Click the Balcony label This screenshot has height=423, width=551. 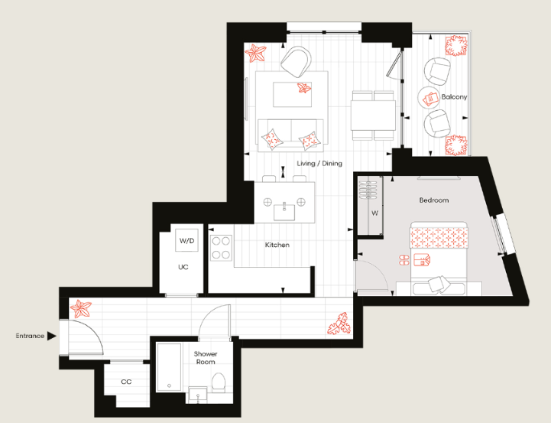[x=454, y=97]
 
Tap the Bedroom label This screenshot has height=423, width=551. [x=433, y=200]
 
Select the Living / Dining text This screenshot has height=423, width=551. [x=319, y=164]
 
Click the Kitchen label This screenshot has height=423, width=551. [x=277, y=245]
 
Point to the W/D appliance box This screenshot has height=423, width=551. [x=186, y=241]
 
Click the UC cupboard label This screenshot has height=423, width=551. [x=183, y=268]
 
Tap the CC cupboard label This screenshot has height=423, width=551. [x=127, y=381]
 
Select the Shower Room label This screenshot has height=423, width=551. [x=206, y=358]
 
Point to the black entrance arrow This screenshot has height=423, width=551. [x=51, y=336]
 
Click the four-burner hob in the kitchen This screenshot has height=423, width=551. [x=221, y=246]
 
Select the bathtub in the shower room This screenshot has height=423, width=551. [x=167, y=366]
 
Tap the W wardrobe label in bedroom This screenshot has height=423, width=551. [x=375, y=213]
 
